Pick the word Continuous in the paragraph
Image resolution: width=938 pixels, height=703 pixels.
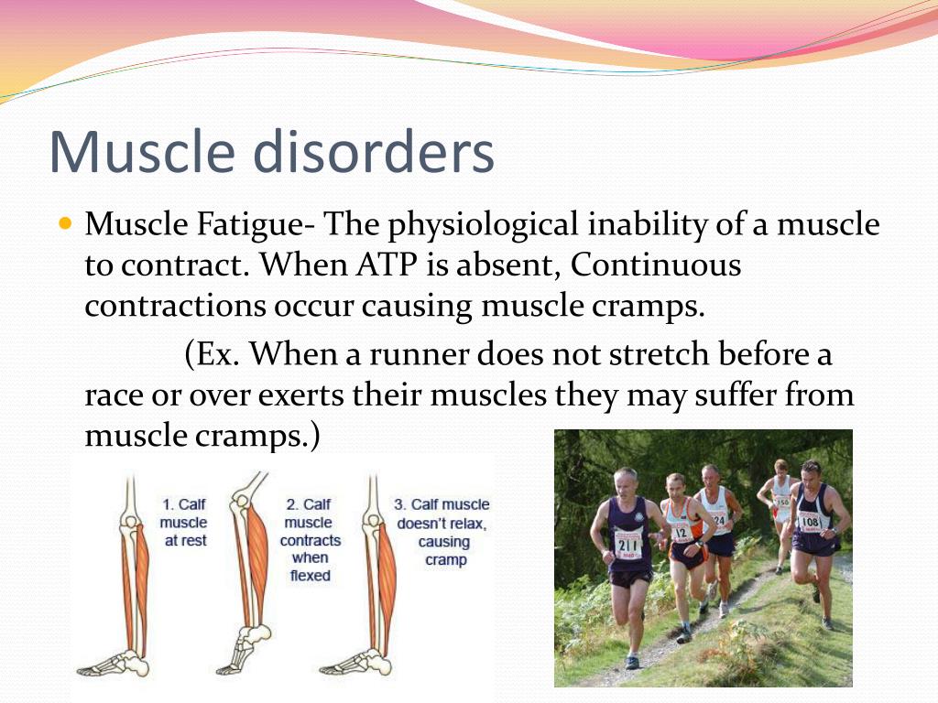pyautogui.click(x=656, y=265)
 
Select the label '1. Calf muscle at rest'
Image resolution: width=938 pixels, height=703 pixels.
pyautogui.click(x=183, y=523)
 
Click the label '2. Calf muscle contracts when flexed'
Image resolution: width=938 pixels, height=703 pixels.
pyautogui.click(x=310, y=540)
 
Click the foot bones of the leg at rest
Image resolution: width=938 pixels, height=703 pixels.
pyautogui.click(x=114, y=663)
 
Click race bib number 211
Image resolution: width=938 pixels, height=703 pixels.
pyautogui.click(x=627, y=546)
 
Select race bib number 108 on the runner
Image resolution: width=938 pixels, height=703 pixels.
pyautogui.click(x=811, y=521)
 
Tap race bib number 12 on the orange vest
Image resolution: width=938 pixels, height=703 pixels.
pyautogui.click(x=682, y=532)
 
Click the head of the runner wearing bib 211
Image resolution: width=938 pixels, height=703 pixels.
pyautogui.click(x=626, y=483)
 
